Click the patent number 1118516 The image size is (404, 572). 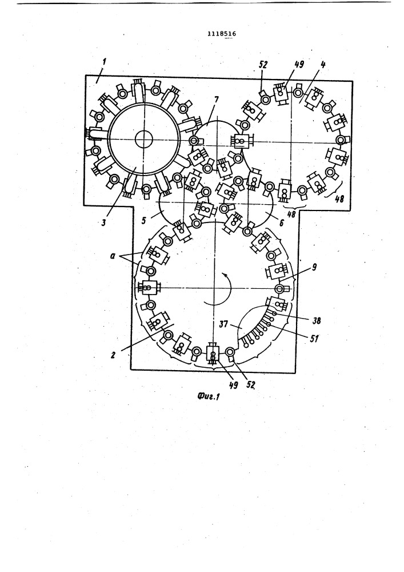(x=222, y=34)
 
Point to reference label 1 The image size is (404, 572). (x=104, y=62)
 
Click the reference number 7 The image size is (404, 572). (x=217, y=100)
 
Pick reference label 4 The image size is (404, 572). (x=322, y=65)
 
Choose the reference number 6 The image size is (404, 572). (x=281, y=223)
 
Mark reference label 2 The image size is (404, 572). (x=113, y=354)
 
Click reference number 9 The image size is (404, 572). (x=314, y=267)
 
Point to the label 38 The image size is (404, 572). (x=316, y=321)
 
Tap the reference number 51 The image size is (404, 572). (x=315, y=339)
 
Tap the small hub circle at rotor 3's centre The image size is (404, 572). (x=143, y=139)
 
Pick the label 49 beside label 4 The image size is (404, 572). (x=299, y=65)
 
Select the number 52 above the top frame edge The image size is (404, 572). (x=263, y=65)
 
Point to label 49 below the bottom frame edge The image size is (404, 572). (x=233, y=385)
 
